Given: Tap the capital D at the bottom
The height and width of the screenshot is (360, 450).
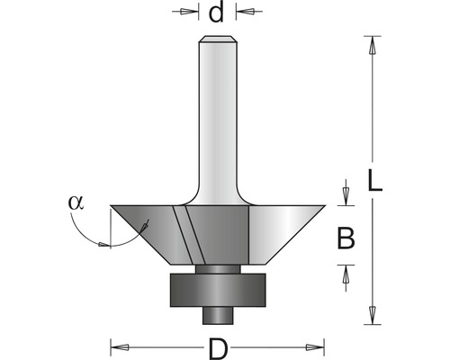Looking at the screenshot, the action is (219, 349).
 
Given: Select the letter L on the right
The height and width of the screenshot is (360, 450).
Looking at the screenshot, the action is (375, 181).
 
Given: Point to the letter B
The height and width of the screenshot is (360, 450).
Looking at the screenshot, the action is (346, 238).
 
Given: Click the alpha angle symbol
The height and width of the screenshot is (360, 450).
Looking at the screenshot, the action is (76, 202).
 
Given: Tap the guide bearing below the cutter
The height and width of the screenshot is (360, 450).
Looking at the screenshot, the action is (218, 290).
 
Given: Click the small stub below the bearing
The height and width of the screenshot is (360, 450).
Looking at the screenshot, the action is (218, 315).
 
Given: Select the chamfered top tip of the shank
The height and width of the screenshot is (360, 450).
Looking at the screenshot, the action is (218, 39).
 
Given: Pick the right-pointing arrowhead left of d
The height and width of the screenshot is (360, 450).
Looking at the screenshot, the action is (189, 12).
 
